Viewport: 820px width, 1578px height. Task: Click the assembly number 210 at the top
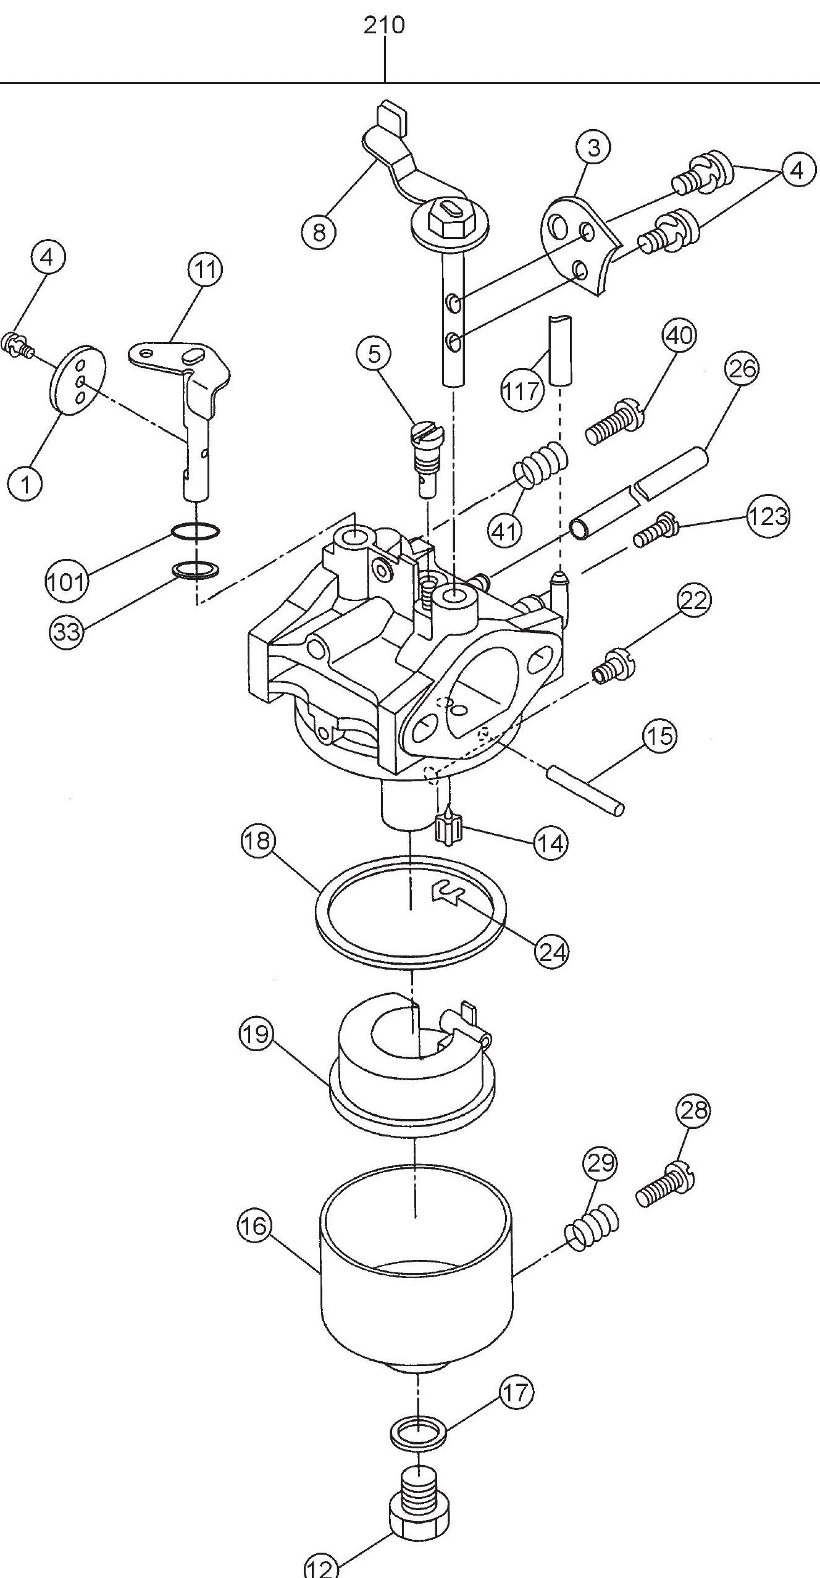tap(384, 25)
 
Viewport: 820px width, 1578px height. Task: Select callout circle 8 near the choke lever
tap(319, 233)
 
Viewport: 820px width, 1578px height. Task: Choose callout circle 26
tap(742, 369)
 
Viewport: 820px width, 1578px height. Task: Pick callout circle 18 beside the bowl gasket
tap(259, 841)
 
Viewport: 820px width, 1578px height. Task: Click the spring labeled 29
tap(592, 1226)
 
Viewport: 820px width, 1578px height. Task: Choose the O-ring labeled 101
tap(195, 531)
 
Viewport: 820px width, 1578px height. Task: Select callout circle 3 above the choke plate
tap(593, 148)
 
